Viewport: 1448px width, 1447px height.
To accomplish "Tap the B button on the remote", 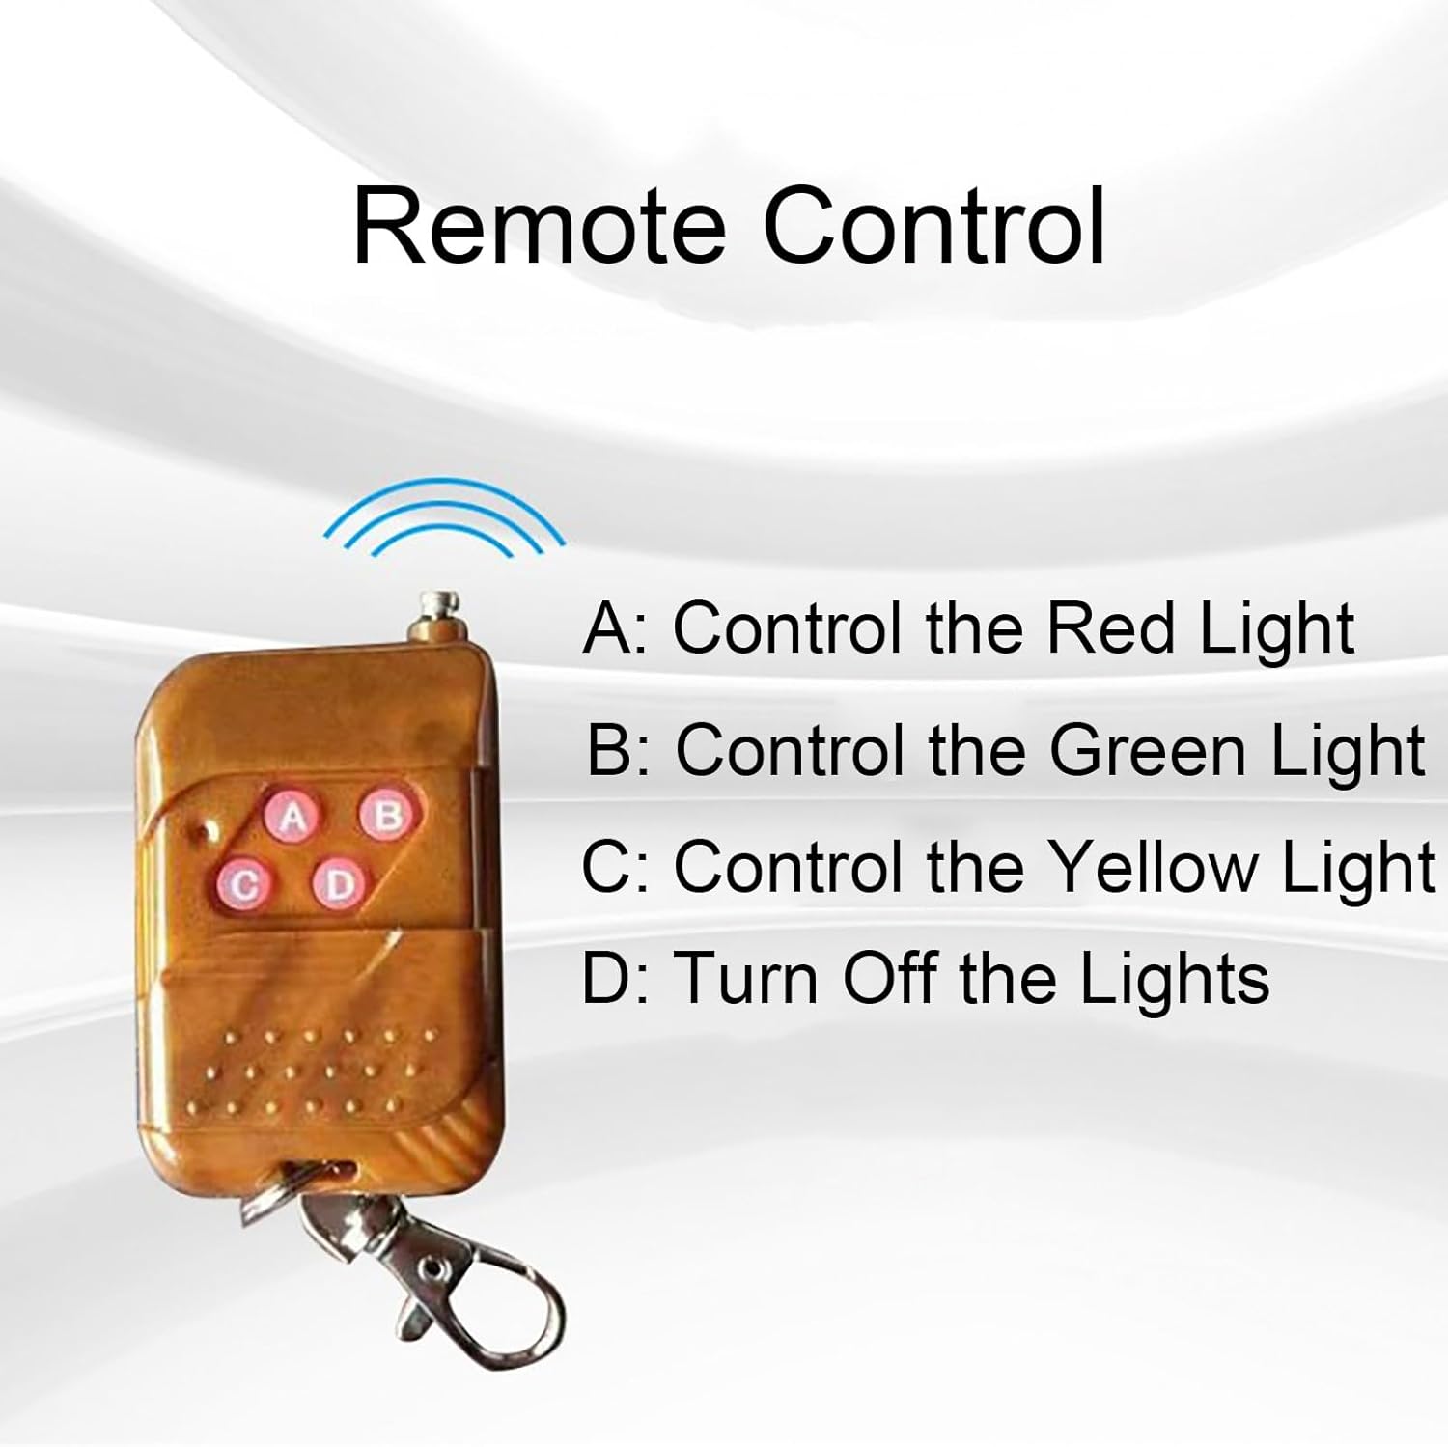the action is click(389, 816).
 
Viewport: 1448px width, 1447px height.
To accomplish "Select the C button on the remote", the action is click(247, 886).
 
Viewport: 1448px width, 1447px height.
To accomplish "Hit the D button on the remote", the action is click(338, 884).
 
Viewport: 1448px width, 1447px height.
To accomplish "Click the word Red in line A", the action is click(1111, 627).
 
